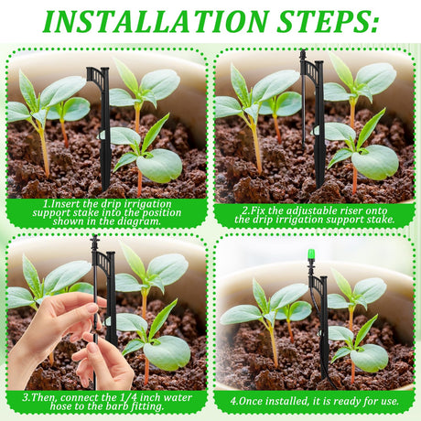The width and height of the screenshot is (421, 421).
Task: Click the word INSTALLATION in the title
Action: pyautogui.click(x=156, y=21)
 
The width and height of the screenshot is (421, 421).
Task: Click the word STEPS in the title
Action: pyautogui.click(x=328, y=21)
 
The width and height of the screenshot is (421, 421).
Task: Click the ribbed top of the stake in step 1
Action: pyautogui.click(x=98, y=75)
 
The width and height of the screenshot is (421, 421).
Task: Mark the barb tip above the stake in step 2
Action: pyautogui.click(x=303, y=55)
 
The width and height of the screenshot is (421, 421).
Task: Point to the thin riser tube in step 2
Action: pyautogui.click(x=303, y=107)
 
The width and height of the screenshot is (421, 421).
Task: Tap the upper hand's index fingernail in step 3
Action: pyautogui.click(x=93, y=308)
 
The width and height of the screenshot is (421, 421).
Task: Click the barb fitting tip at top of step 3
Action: pyautogui.click(x=95, y=240)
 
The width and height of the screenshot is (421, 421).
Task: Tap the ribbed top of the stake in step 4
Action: pyautogui.click(x=319, y=285)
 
